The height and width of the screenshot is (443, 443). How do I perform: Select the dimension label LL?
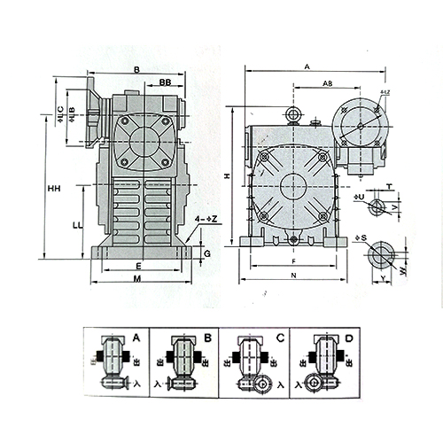pos(78,227)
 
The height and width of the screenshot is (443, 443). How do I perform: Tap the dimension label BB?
pos(166,82)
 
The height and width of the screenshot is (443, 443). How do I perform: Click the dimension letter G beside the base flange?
pos(206,253)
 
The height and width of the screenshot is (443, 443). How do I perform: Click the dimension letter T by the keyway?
pos(388,186)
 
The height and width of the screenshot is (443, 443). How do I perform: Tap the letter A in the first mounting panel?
pos(135,338)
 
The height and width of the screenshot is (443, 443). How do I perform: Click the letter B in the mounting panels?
pos(206,338)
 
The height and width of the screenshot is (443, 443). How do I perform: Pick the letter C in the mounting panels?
pos(280,338)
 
